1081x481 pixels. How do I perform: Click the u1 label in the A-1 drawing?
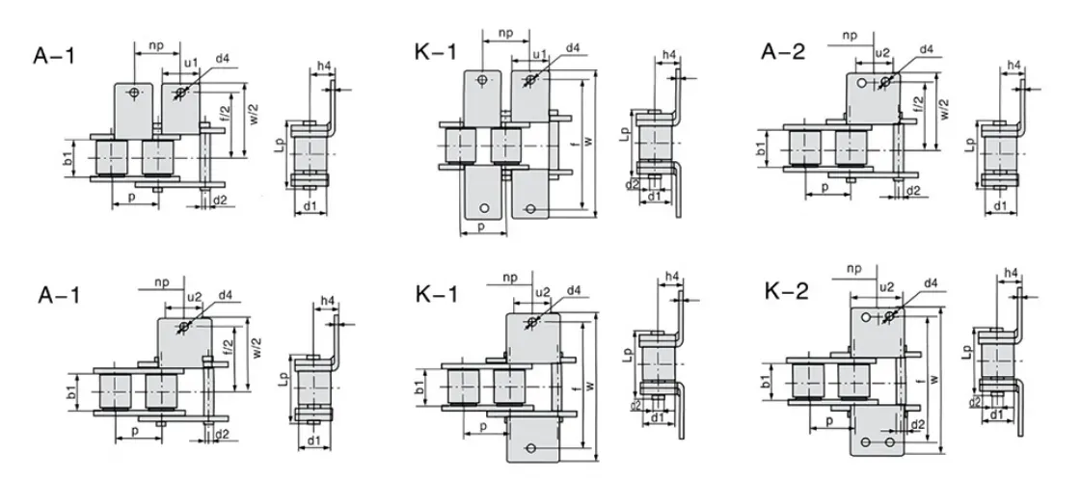tap(191, 64)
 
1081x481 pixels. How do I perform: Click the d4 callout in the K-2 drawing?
tap(931, 282)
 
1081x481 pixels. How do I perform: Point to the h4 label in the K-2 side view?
tap(1012, 274)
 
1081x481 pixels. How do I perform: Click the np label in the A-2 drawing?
tap(849, 36)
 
